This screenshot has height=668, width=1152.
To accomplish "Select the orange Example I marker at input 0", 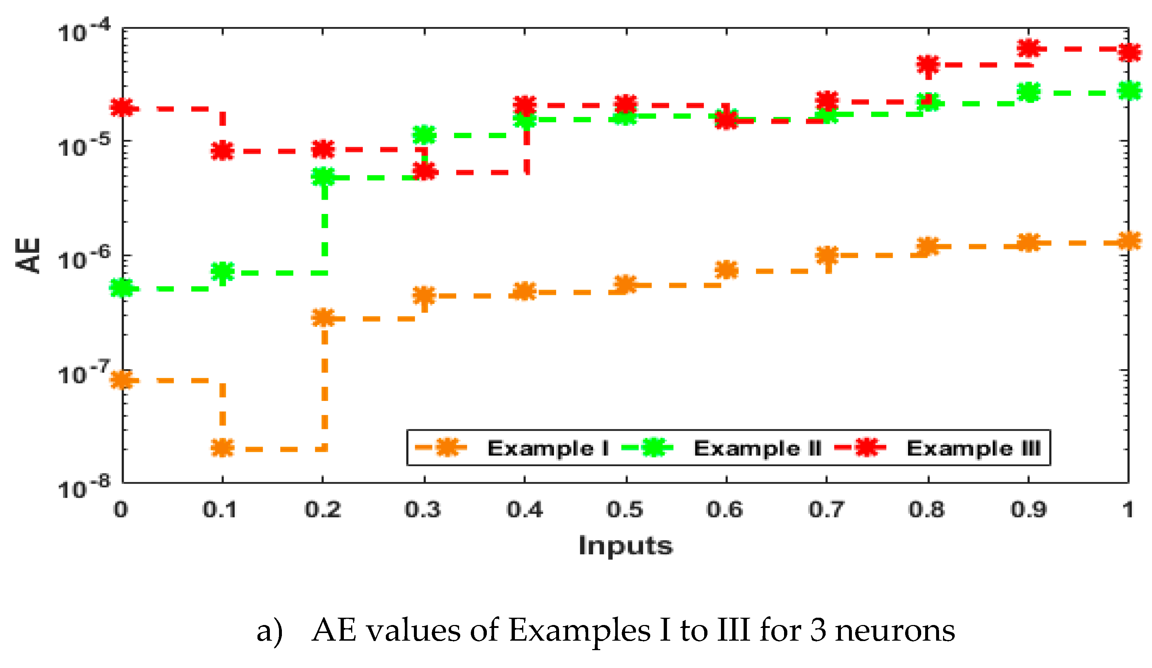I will coord(122,380).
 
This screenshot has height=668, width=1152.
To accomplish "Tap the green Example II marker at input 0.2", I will coord(323,177).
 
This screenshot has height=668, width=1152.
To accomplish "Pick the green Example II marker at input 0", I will coord(122,288).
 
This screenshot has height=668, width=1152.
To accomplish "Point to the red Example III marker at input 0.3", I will coord(425,171).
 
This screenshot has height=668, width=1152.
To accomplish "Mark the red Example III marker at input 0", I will coord(122,108).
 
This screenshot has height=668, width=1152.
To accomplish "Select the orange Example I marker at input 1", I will coord(1128,241).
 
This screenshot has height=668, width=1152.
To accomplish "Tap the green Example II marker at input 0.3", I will coord(425,134).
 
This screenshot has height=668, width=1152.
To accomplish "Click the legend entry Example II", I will coord(757,448).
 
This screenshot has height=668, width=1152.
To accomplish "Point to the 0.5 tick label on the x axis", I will coord(625,509).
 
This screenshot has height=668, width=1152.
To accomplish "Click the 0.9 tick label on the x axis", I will coord(1028,509).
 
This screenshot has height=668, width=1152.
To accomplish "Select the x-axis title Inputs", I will coord(626,546).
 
